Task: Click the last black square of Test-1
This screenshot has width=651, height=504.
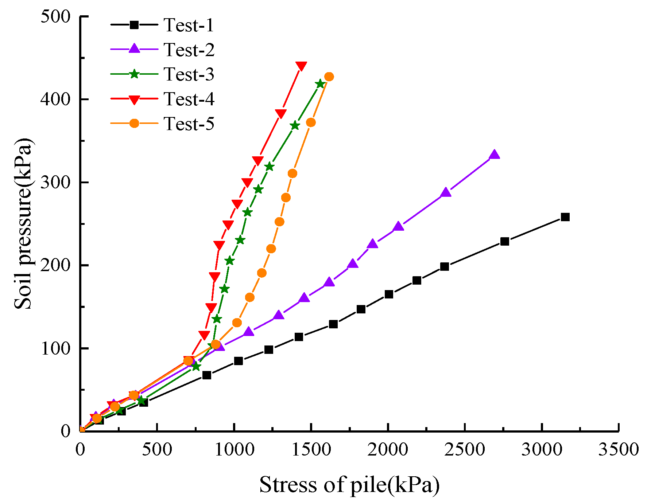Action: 565,217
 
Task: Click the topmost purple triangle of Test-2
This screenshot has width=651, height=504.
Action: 494,155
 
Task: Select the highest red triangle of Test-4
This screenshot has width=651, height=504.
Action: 301,66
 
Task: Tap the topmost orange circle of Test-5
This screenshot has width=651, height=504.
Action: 329,77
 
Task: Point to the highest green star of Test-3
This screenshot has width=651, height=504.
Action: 320,84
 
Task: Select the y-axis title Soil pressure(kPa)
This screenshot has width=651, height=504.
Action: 23,223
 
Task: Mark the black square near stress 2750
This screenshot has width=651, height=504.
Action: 505,242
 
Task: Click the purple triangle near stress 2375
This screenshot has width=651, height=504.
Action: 446,193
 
